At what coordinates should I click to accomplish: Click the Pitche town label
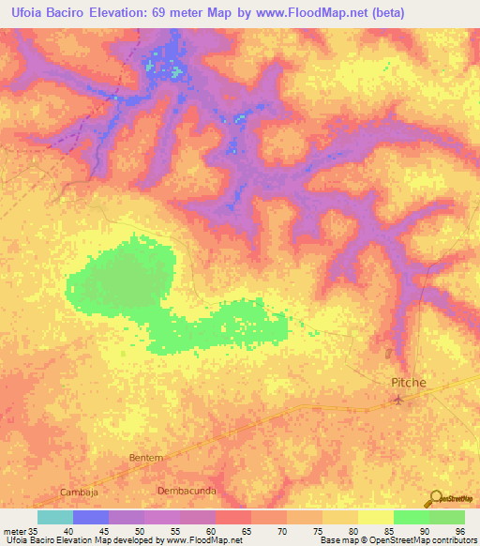pos(408,384)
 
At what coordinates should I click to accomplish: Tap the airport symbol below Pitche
pos(398,401)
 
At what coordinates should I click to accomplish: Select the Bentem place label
pos(145,457)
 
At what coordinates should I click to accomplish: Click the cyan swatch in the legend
pos(55,517)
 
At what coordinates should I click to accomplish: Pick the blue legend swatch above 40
pos(91,517)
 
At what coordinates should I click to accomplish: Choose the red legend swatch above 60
pos(233,517)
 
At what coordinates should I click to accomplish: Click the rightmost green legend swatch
pos(447,517)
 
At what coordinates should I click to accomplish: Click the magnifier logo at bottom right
pos(434,498)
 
